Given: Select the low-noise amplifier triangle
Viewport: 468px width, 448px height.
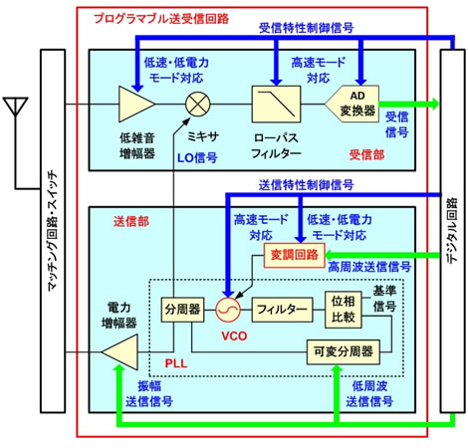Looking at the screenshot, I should click(132, 104).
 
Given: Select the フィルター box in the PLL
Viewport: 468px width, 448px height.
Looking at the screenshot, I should click(280, 310).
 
